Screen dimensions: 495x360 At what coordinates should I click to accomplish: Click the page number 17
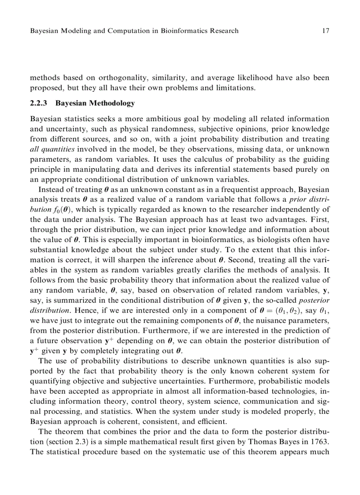pos(326,31)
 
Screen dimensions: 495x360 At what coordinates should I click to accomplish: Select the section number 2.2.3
pos(38,104)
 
